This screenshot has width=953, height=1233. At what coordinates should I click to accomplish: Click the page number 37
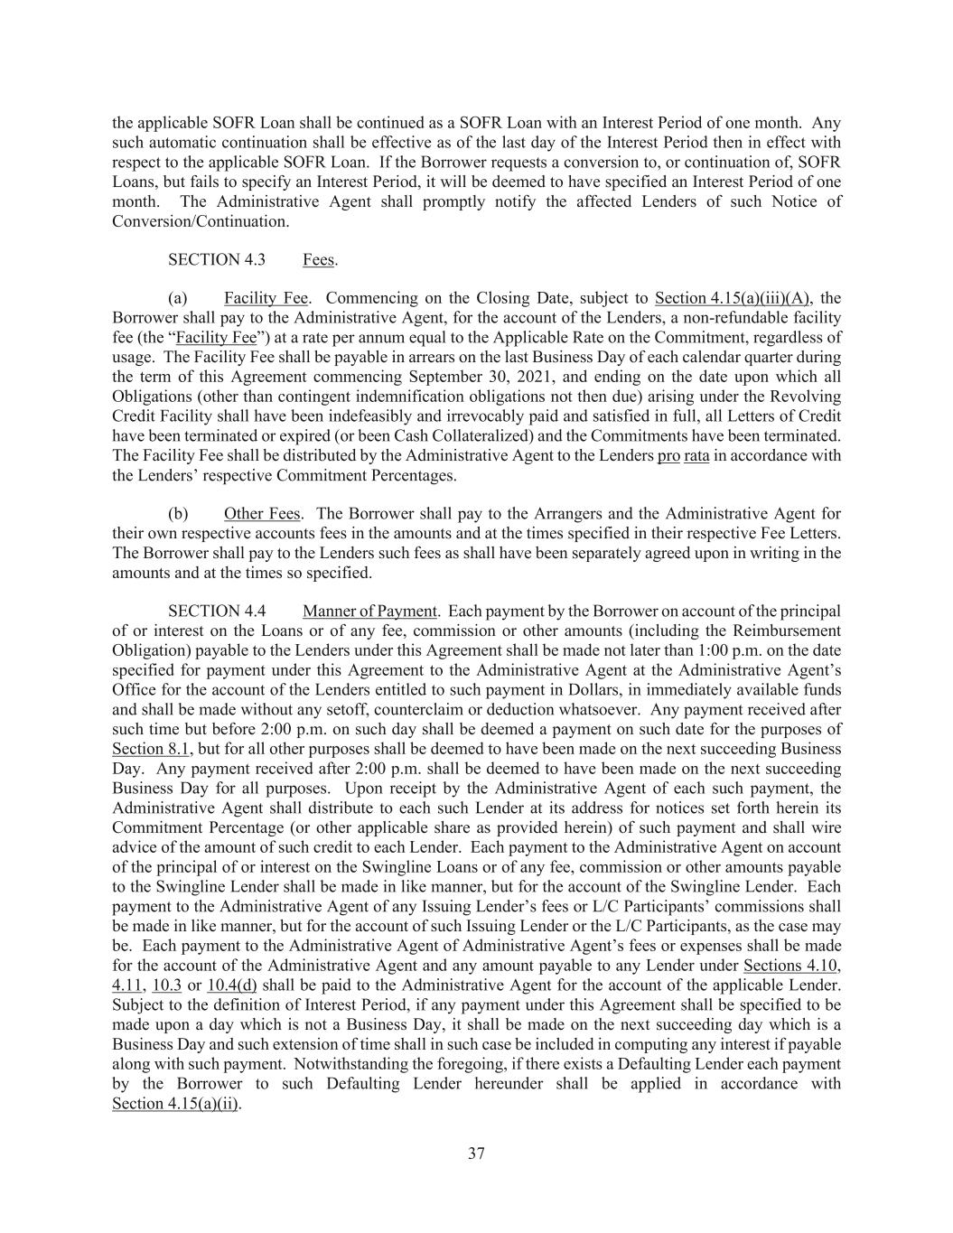tap(476, 1154)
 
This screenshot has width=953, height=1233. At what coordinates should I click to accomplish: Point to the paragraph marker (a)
tap(177, 298)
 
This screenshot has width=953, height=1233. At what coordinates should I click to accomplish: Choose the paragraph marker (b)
tap(178, 514)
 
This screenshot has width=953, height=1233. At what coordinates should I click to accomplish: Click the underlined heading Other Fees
tap(262, 514)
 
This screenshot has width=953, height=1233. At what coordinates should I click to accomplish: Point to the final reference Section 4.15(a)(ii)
tap(176, 1104)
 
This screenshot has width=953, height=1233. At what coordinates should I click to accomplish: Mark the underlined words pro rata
tap(683, 455)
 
